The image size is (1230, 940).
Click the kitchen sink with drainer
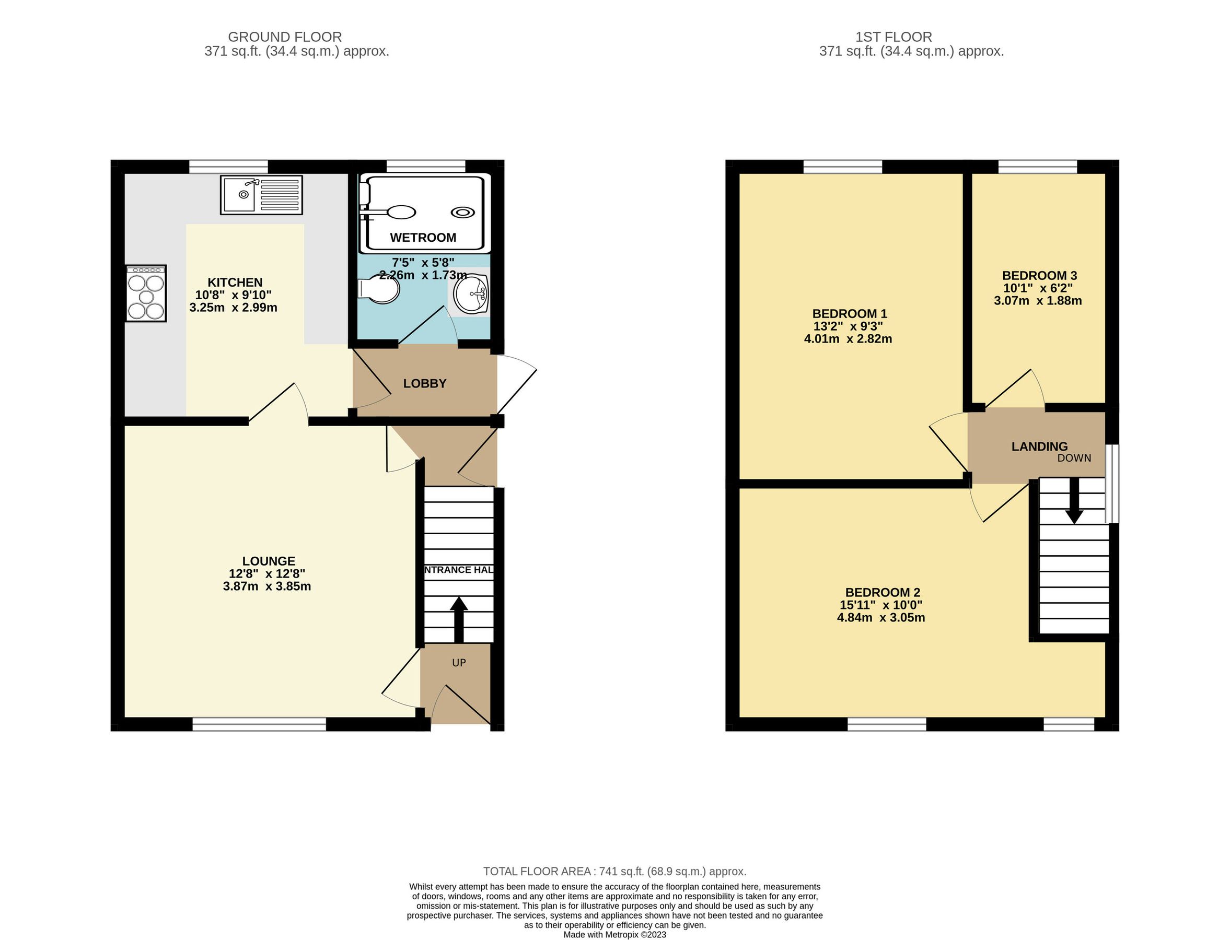pyautogui.click(x=261, y=195)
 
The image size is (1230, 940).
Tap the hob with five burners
pyautogui.click(x=146, y=293)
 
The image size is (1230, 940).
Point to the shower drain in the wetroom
pyautogui.click(x=463, y=213)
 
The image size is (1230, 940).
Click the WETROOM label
pyautogui.click(x=423, y=238)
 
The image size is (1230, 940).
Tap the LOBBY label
pyautogui.click(x=425, y=384)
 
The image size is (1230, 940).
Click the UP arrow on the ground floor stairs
pyautogui.click(x=459, y=619)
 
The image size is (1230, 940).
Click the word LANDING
pyautogui.click(x=1039, y=446)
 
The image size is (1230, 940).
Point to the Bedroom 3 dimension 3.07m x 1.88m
pyautogui.click(x=1037, y=301)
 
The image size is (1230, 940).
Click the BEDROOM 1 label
pyautogui.click(x=849, y=314)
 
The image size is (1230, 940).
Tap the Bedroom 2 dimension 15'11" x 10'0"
pyautogui.click(x=880, y=605)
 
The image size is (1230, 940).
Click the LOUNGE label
pyautogui.click(x=268, y=561)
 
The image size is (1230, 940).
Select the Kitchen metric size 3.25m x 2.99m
pyautogui.click(x=234, y=308)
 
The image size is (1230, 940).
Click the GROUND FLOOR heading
pyautogui.click(x=284, y=37)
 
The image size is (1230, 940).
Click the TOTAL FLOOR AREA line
pyautogui.click(x=614, y=871)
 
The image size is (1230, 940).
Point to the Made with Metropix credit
pyautogui.click(x=614, y=934)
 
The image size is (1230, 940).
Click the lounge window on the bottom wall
pyautogui.click(x=259, y=725)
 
